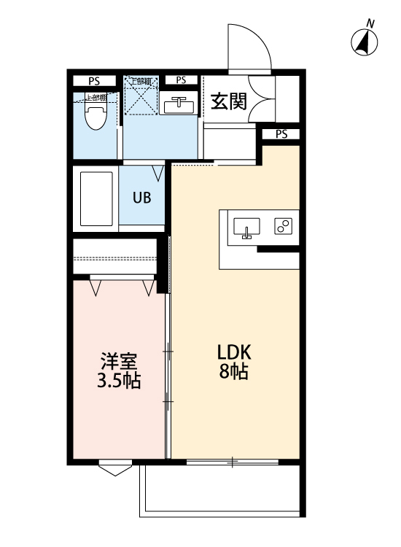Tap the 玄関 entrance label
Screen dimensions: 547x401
coord(228,101)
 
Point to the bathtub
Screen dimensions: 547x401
coord(94,198)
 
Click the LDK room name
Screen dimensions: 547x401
coord(234,352)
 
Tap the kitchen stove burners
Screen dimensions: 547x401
coord(283,227)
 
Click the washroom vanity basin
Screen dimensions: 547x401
coord(179,106)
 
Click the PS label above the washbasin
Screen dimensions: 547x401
coord(181,80)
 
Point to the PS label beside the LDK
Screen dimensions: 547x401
coord(281,134)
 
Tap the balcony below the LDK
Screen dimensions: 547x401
coord(219,489)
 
